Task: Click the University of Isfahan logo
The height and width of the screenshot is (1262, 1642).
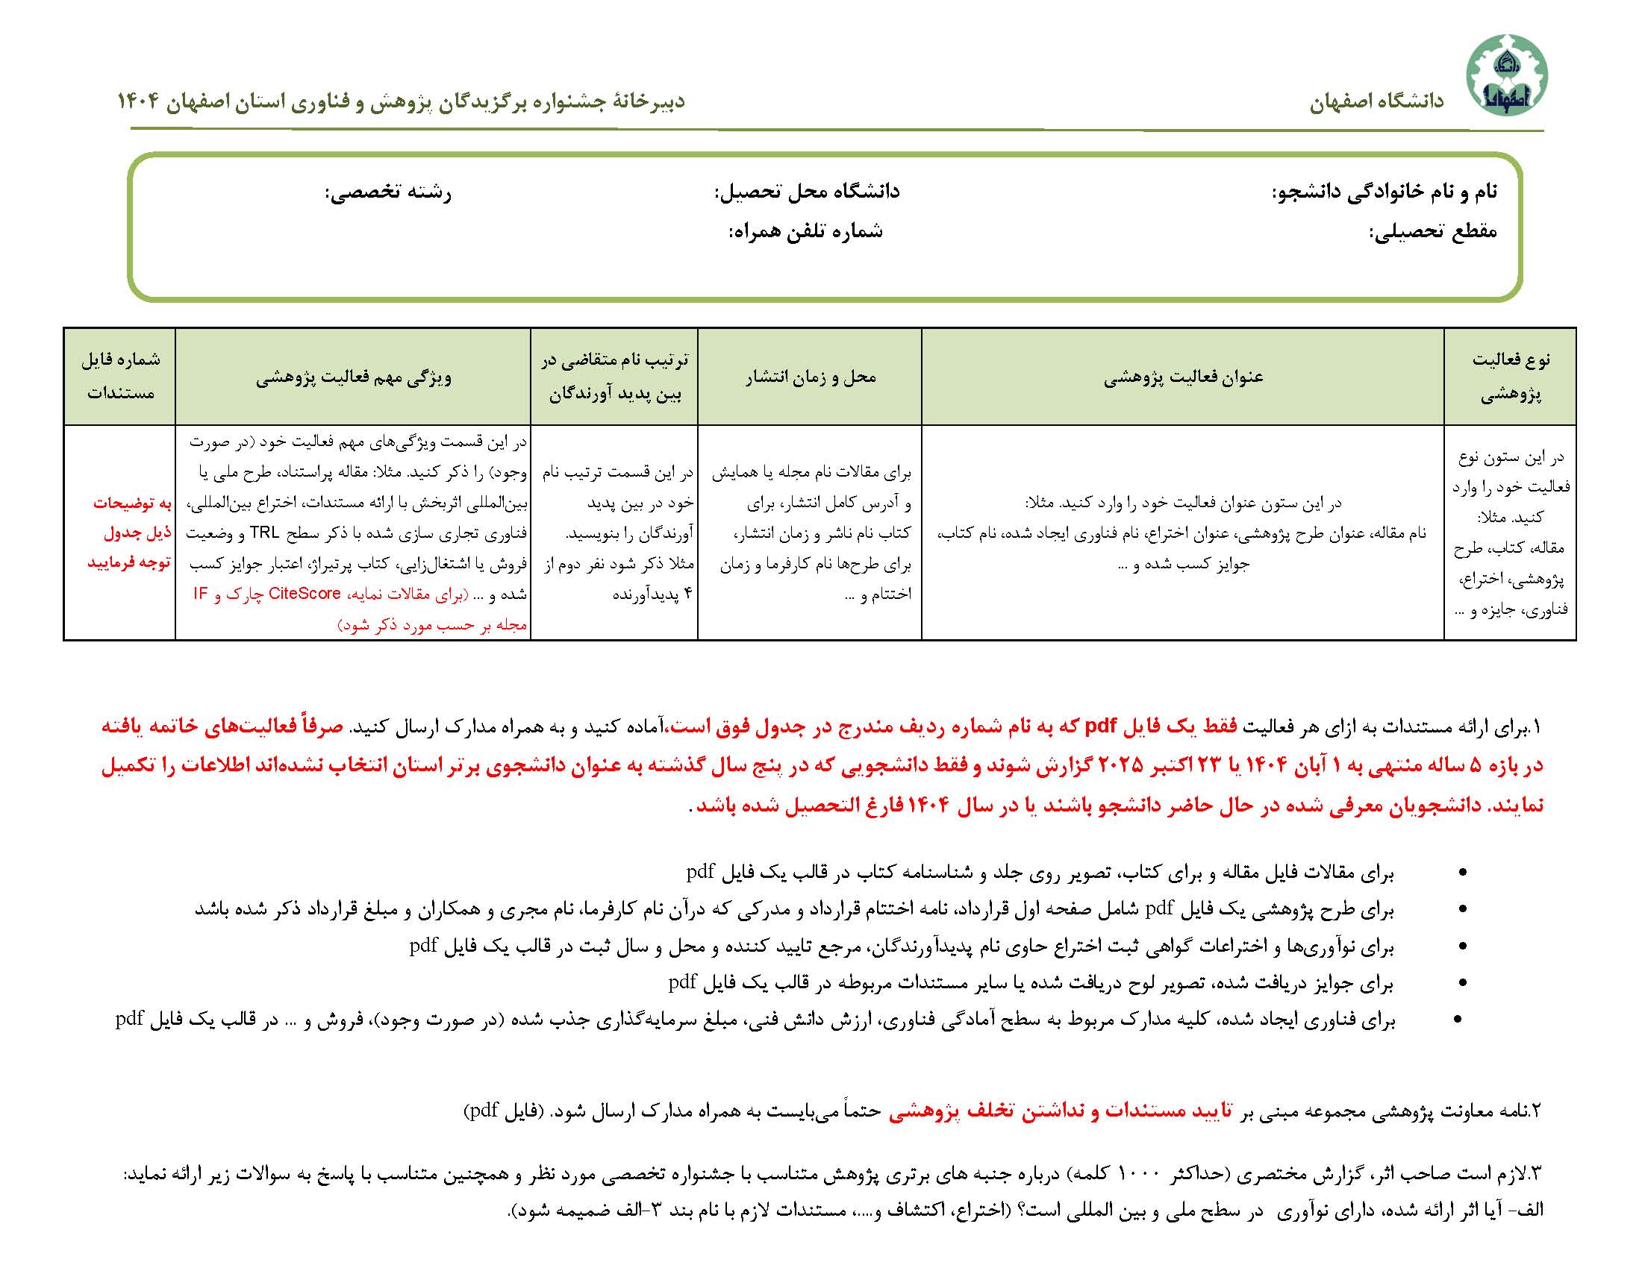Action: click(1506, 75)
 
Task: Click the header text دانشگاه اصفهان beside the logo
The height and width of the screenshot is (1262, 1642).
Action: click(1377, 102)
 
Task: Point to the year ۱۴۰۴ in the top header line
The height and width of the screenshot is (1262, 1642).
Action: click(137, 102)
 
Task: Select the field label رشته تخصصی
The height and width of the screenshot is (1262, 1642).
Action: click(388, 193)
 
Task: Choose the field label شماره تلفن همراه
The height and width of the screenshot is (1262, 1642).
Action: click(805, 231)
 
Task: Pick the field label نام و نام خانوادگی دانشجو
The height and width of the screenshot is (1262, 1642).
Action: click(1385, 192)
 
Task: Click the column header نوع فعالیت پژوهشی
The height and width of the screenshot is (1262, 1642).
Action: click(1510, 377)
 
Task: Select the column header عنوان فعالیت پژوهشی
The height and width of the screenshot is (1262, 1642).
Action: click(1183, 377)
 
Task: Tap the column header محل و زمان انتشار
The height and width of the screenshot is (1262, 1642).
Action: click(810, 377)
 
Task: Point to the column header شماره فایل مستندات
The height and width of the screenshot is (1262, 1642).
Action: click(120, 377)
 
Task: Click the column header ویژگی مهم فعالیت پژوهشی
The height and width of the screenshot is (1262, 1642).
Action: click(353, 377)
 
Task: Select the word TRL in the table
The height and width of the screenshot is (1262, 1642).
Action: click(264, 533)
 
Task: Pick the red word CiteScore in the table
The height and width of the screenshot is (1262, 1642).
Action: click(305, 594)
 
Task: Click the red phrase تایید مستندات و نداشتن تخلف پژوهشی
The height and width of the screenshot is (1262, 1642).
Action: click(1061, 1111)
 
